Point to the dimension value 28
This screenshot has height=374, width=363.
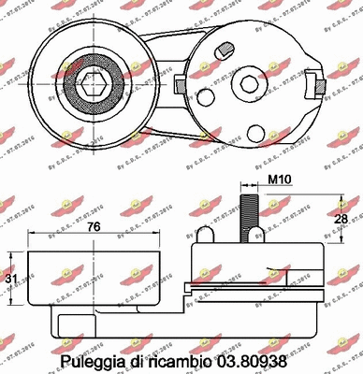click(x=342, y=218)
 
